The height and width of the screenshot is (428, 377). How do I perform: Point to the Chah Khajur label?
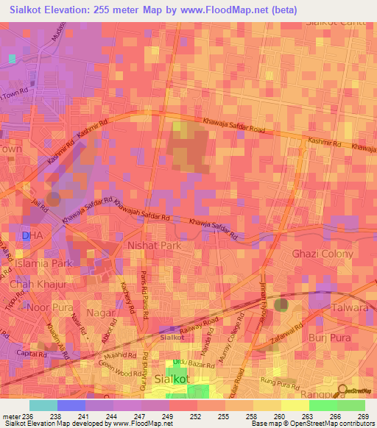click(x=38, y=285)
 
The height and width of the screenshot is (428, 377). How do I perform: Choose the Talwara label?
click(x=349, y=309)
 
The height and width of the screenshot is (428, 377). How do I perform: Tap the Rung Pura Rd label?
click(x=281, y=382)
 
